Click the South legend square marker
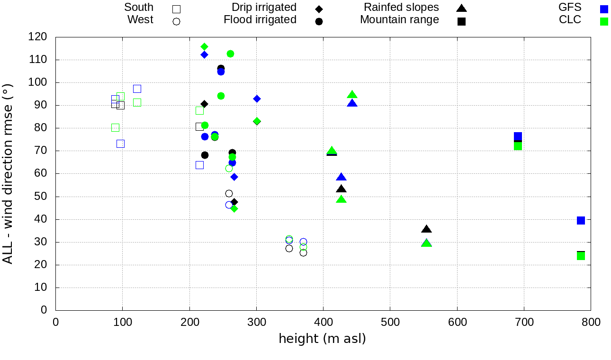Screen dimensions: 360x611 177,9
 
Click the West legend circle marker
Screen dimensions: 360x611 177,21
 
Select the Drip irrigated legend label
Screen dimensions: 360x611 264,8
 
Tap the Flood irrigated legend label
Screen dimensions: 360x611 260,20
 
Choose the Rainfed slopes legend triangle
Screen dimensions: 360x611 461,8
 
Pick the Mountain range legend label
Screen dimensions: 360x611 399,20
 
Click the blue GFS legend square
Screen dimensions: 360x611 603,9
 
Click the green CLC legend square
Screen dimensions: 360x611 603,21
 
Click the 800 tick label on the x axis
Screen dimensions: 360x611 591,323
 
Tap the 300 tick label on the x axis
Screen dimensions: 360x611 256,323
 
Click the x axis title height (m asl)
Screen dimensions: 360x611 322,339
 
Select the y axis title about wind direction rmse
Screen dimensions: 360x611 8,173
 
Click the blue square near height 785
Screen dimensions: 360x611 581,220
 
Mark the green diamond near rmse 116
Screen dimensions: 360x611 204,46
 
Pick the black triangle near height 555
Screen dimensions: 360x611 426,229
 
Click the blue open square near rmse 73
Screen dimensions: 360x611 120,144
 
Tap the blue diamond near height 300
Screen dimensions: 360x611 257,99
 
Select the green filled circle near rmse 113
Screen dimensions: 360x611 230,54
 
